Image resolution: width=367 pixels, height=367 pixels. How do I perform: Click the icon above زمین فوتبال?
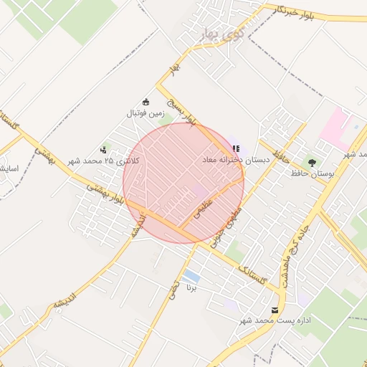click(x=146, y=102)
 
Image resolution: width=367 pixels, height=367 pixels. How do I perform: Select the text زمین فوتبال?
click(x=146, y=113)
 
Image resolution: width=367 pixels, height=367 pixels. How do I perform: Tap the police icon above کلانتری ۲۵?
click(x=104, y=150)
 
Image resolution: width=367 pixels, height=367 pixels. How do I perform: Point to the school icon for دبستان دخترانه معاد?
click(x=236, y=149)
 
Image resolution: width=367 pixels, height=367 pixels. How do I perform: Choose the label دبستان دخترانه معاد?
click(x=236, y=161)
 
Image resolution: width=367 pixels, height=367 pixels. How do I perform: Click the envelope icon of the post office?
click(x=275, y=310)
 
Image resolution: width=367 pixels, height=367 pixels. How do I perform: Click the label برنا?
click(x=191, y=288)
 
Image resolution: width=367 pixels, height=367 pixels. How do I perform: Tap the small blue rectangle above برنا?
click(x=191, y=277)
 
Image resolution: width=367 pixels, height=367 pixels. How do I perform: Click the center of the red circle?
click(x=183, y=183)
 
